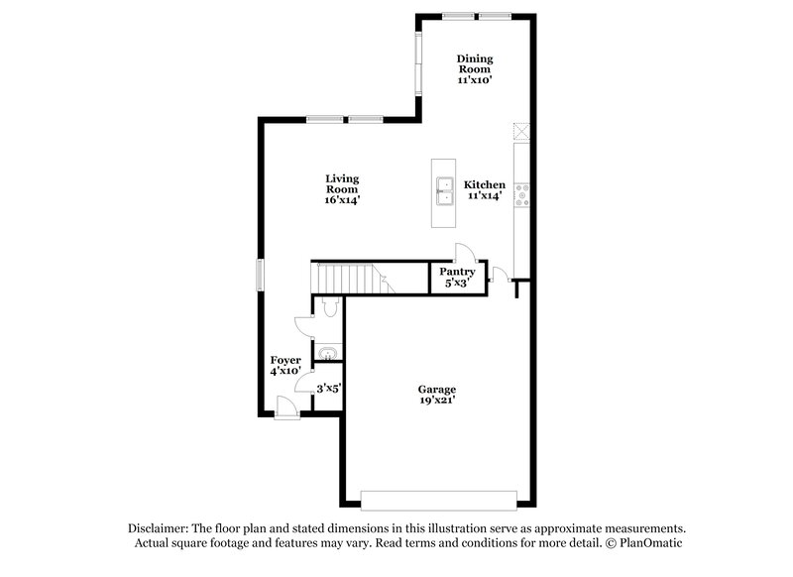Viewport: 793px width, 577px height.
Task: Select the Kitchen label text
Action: coord(486,184)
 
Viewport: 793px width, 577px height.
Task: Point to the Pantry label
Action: coord(457,272)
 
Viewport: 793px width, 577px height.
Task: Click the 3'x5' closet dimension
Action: coord(328,390)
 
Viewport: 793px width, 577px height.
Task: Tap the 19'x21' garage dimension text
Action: coord(436,402)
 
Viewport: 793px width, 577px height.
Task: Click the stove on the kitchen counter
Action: coord(522,194)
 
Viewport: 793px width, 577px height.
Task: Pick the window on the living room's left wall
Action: coord(260,275)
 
